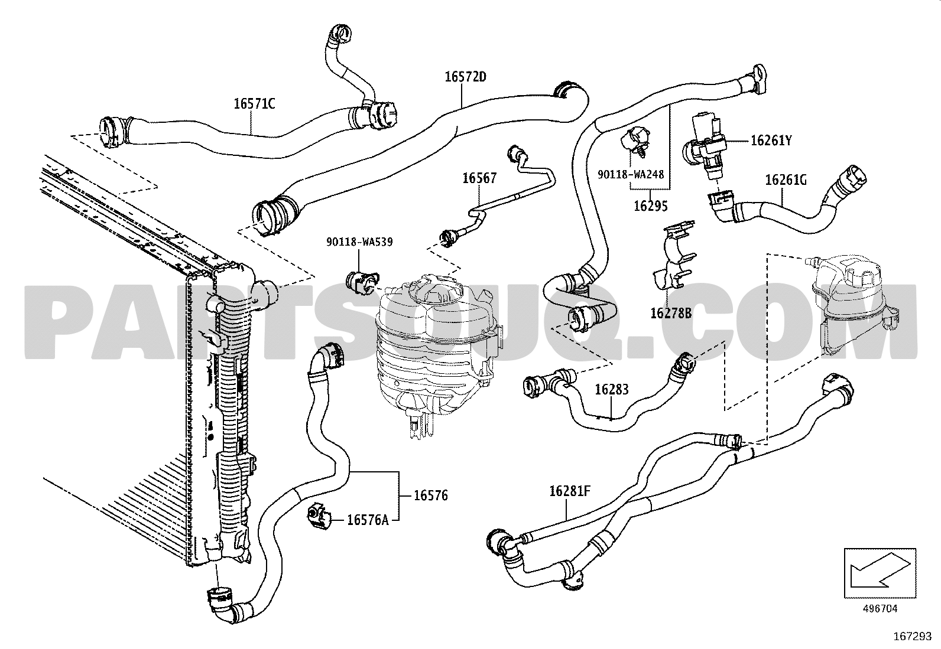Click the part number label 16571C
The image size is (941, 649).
(254, 104)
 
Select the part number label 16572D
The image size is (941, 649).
(465, 77)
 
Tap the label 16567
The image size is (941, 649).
(479, 178)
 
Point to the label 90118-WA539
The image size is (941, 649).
(359, 242)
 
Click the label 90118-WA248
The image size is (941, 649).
(631, 175)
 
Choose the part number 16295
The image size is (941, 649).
(650, 206)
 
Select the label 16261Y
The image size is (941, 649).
(771, 141)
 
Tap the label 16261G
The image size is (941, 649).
(786, 180)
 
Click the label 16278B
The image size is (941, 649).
(671, 312)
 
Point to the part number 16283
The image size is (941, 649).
(611, 389)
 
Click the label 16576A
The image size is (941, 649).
(368, 520)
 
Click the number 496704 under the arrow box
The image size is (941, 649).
(881, 608)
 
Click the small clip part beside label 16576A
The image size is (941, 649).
(319, 517)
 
